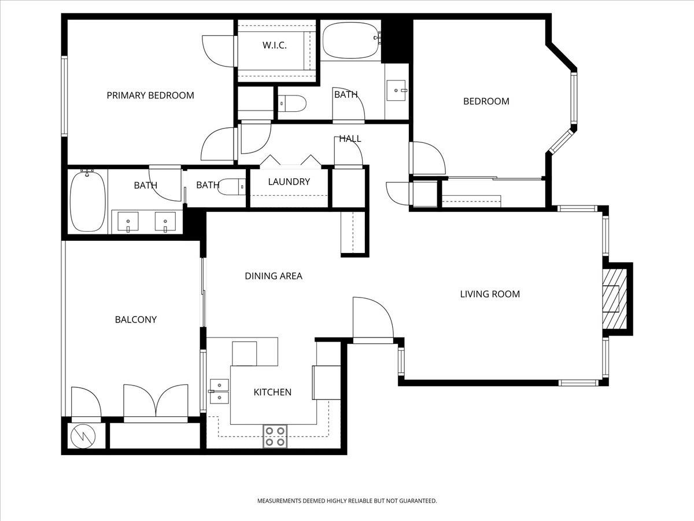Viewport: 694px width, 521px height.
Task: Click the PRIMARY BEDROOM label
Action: (150, 96)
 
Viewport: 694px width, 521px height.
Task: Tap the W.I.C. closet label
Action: (275, 45)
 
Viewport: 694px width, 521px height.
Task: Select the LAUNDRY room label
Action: (289, 182)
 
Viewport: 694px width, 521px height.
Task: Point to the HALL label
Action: (350, 139)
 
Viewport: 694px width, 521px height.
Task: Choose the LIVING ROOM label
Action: (490, 294)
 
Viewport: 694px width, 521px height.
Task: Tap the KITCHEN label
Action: (272, 392)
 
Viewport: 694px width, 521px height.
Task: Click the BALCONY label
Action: (136, 320)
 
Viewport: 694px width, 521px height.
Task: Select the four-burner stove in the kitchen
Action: (275, 436)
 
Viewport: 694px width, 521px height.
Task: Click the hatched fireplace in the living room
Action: (612, 299)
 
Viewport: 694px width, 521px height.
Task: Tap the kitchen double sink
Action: (219, 391)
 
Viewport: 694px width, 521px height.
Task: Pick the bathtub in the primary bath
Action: (87, 201)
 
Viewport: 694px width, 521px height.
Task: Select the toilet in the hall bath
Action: (292, 104)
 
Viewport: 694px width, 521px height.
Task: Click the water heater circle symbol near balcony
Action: (84, 436)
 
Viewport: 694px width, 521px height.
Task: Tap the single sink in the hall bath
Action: (397, 90)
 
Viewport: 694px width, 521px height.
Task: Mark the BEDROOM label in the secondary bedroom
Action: (486, 101)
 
